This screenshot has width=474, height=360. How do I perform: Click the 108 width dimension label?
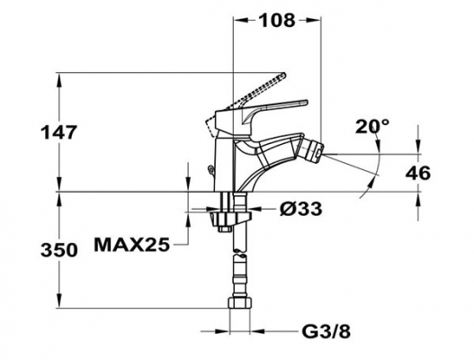click(277, 21)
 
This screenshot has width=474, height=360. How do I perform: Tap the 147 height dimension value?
click(59, 132)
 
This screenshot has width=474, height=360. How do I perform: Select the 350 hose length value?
click(59, 250)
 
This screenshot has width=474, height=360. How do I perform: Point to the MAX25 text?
click(132, 245)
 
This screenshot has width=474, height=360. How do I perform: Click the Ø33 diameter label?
click(300, 209)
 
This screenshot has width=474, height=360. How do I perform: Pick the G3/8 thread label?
click(326, 332)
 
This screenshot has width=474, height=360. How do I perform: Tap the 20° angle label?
click(372, 126)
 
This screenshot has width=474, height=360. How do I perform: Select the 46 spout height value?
click(417, 174)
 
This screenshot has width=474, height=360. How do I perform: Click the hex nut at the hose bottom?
click(240, 302)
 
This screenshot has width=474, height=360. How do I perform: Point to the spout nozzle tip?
click(317, 152)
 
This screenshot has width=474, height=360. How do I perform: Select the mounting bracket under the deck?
click(230, 218)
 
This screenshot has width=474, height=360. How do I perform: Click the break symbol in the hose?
click(240, 254)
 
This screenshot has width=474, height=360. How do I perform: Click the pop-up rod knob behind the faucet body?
click(210, 169)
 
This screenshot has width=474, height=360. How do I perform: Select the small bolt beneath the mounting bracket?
click(226, 229)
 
